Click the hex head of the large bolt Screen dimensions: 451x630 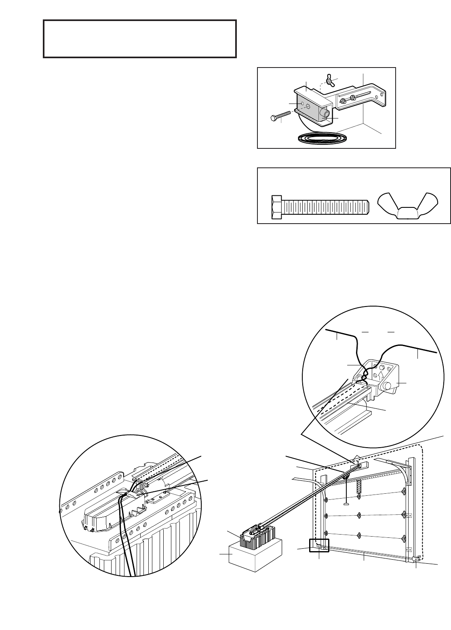tap(277, 207)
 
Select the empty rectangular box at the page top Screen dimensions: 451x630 tap(139, 38)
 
